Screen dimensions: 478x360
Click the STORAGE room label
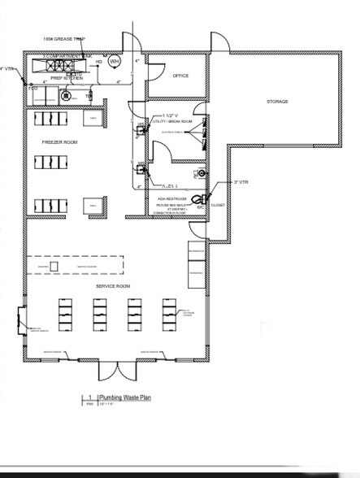(x=278, y=102)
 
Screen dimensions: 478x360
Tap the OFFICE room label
(x=180, y=76)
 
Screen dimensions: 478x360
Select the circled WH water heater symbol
(x=114, y=62)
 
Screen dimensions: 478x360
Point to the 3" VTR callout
(x=241, y=182)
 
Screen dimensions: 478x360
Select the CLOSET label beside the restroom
(x=218, y=205)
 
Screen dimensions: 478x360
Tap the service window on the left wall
(x=21, y=317)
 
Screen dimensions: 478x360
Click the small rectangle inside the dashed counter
(x=54, y=265)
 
